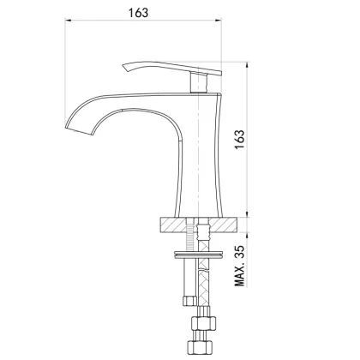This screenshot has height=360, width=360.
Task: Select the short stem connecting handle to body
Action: click(x=203, y=82)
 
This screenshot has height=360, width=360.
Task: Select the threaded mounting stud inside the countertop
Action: click(x=204, y=230)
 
